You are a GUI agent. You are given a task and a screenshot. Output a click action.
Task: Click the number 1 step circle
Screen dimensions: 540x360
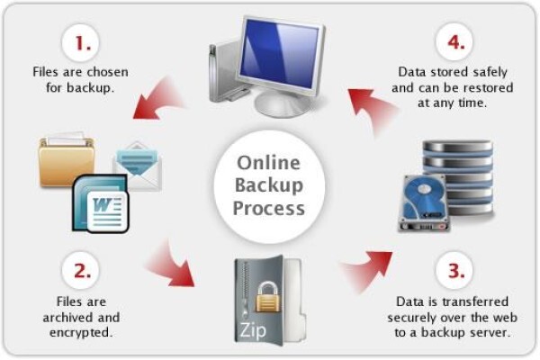[x=81, y=42]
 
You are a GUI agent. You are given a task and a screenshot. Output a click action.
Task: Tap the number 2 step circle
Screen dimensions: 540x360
[x=81, y=270]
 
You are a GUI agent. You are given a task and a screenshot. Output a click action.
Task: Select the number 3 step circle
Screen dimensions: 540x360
[x=454, y=270]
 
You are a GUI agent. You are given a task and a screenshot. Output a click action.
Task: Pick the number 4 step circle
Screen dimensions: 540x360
[x=454, y=41]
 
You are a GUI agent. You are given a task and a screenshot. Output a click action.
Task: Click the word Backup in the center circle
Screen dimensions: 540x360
[x=268, y=185]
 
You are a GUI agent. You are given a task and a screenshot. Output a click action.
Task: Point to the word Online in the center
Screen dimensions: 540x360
[x=268, y=163]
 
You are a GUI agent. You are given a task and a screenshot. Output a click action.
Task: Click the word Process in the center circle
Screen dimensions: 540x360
[x=268, y=209]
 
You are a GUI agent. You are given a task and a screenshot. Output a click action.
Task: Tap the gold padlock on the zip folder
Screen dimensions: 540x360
[x=267, y=297]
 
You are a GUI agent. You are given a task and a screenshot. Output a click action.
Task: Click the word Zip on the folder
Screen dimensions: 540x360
[x=253, y=330]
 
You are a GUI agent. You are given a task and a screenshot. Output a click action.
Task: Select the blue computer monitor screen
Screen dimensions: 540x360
[x=280, y=53]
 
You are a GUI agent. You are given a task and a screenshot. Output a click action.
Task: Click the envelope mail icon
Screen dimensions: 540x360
[x=137, y=166]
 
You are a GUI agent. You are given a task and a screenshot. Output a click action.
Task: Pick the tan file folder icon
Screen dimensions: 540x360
[x=67, y=161]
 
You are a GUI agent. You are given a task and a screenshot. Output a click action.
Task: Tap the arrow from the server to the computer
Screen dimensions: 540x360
[x=373, y=110]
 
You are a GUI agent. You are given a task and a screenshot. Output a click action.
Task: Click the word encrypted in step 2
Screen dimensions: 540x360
[x=81, y=332]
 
